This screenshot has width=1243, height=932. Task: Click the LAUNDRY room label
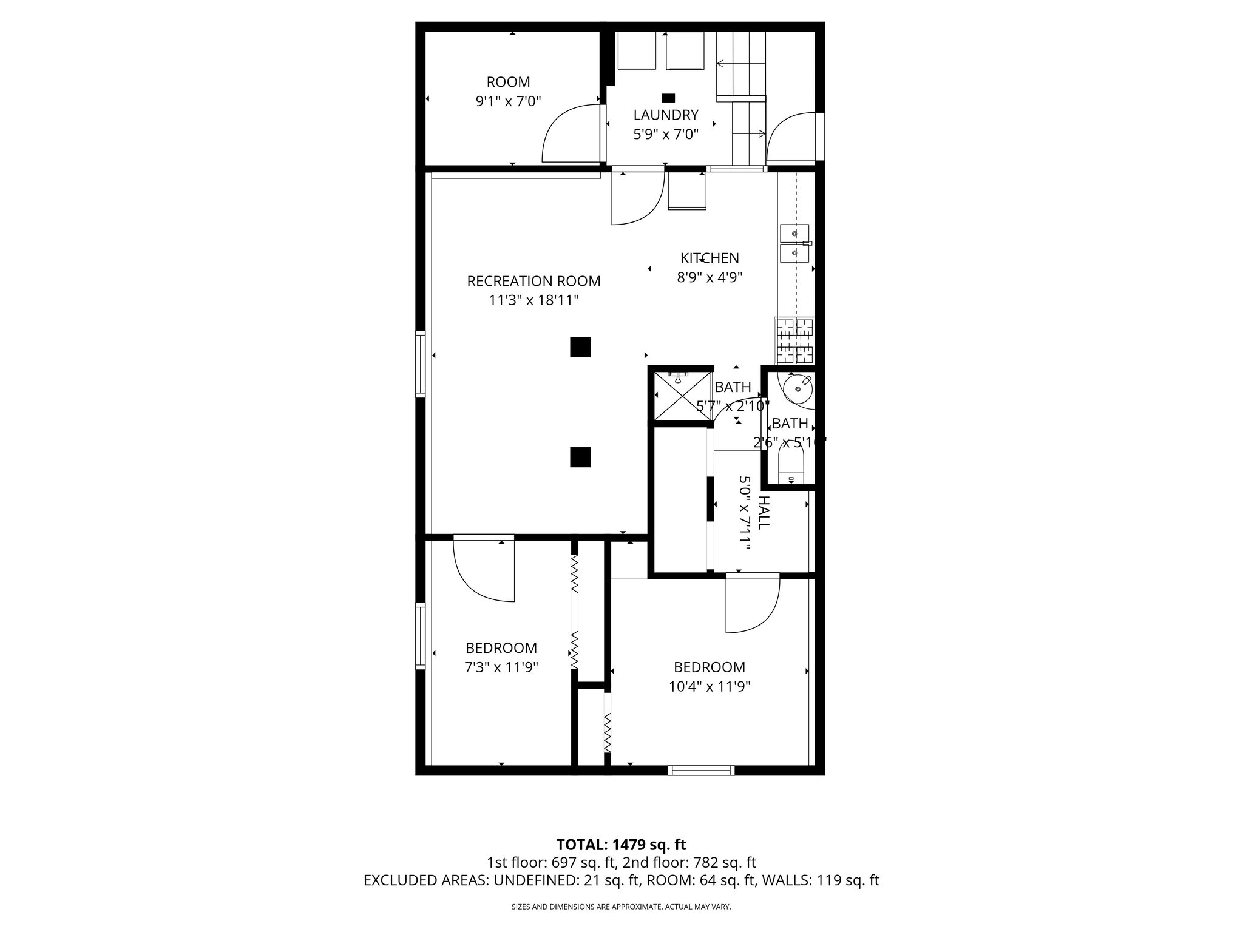[666, 115]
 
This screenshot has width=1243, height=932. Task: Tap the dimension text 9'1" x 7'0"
[508, 101]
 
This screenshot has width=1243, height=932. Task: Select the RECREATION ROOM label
[533, 281]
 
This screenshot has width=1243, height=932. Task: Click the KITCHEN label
[710, 258]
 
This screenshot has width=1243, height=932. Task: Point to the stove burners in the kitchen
[795, 340]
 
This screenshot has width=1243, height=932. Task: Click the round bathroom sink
[798, 388]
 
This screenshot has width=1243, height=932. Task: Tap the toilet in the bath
[791, 467]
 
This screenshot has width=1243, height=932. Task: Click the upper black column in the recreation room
[580, 347]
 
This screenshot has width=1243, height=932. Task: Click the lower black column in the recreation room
[580, 457]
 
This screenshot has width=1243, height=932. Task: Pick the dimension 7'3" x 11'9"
[501, 667]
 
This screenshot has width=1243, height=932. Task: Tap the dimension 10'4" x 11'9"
[710, 687]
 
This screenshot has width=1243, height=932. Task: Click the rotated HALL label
[764, 513]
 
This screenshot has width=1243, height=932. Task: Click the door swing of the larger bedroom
[753, 607]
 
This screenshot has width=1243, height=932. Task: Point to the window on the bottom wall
[701, 771]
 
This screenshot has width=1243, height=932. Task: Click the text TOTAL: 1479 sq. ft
[621, 845]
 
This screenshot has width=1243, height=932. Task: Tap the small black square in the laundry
[668, 97]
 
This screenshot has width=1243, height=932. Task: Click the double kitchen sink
[794, 242]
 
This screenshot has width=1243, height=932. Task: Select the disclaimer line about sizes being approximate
[621, 907]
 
